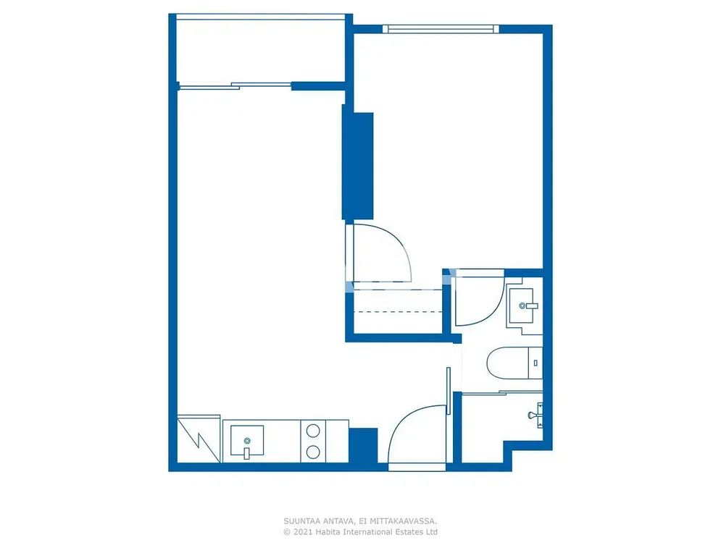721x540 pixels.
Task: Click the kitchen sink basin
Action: (247, 440)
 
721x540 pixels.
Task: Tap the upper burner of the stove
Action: (313, 431)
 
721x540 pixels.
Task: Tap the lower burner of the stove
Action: (313, 452)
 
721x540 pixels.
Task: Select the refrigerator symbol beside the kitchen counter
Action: (199, 439)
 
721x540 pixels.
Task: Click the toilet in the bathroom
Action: (514, 363)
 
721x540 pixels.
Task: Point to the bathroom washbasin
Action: (522, 305)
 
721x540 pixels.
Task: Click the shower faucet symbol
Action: (536, 415)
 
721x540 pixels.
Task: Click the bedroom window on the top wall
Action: (441, 29)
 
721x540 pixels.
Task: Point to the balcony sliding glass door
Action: (235, 86)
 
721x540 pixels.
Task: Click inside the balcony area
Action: (261, 51)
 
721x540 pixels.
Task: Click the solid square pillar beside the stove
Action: (363, 445)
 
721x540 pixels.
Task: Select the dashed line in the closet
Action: (398, 312)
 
